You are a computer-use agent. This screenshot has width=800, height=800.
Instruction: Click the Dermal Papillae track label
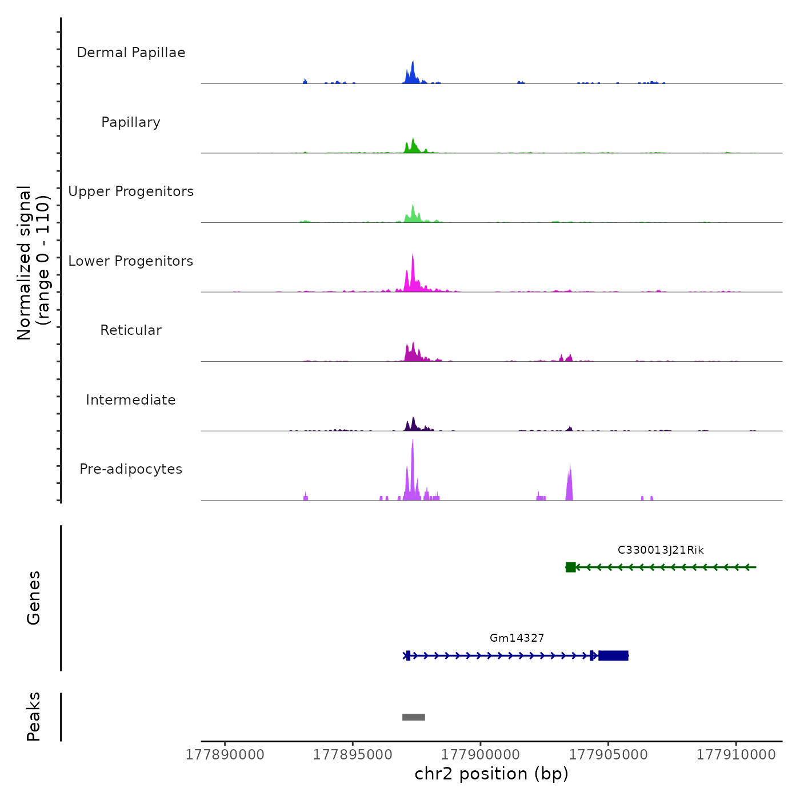tap(131, 53)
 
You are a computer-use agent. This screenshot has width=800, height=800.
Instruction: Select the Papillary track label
tap(131, 122)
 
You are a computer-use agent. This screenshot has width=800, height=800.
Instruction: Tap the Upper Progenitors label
tap(131, 191)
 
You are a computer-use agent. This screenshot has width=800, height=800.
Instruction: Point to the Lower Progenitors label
tap(131, 261)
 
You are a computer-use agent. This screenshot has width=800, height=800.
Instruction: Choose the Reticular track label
tap(131, 330)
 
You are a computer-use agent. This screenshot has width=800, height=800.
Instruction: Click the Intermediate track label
tap(131, 400)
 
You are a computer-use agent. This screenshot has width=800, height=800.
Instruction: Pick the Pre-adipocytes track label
tap(131, 469)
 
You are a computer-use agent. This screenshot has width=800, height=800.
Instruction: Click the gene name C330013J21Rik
tap(661, 550)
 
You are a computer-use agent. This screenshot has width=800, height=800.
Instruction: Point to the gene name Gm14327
tap(517, 638)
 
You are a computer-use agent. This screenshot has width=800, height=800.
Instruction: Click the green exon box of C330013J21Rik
tap(570, 567)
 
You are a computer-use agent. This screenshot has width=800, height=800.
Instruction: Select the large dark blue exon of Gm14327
tap(614, 655)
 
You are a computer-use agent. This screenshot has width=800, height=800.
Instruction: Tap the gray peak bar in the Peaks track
tap(414, 717)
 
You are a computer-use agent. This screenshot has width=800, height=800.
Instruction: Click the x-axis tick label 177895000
tap(353, 755)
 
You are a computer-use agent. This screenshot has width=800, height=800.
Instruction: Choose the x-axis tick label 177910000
tap(736, 755)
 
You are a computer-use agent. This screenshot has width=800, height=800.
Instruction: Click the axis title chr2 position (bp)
tap(491, 774)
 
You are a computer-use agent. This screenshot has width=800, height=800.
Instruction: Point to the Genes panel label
tap(34, 598)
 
